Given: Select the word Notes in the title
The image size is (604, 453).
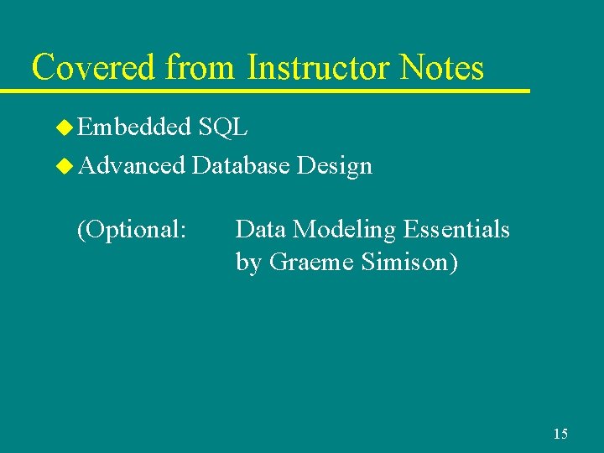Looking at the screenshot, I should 442,67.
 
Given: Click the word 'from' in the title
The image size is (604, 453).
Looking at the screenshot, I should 201,67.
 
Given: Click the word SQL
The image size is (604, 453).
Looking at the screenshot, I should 223,128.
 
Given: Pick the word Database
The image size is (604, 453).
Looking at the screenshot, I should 241,166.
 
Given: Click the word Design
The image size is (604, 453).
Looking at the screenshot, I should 335,166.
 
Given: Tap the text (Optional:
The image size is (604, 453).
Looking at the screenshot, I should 131,229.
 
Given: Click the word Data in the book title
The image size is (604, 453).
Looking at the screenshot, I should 260,229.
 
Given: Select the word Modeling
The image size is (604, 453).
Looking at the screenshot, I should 344,229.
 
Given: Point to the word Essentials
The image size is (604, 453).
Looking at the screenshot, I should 458,229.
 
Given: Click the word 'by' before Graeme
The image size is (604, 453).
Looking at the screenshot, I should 248,263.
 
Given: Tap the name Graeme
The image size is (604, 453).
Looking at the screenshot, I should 311,263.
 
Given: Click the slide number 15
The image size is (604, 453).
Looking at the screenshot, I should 560,434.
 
